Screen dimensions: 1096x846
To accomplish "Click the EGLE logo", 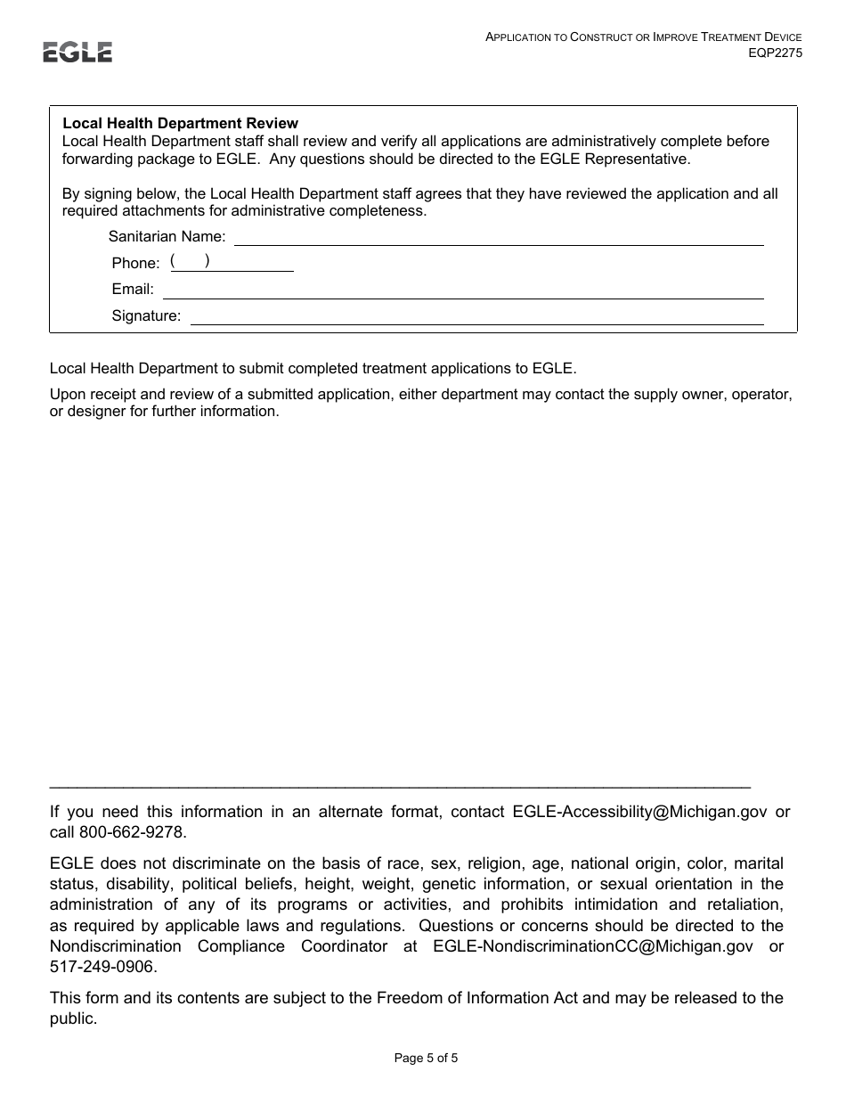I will pos(77,53).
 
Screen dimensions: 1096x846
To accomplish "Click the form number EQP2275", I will pos(775,53).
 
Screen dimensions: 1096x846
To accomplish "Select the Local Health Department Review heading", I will pos(180,124).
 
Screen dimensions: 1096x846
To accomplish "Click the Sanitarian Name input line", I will pos(498,237).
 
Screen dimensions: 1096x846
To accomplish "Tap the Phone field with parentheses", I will pos(232,262).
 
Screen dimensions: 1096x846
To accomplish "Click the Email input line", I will pos(462,290).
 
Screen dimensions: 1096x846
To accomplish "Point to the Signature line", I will pos(476,316).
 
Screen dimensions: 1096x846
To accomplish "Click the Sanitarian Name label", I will pos(167,237).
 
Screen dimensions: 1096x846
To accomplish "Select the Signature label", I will pos(146,315).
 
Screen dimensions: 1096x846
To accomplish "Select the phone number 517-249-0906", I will pos(102,967).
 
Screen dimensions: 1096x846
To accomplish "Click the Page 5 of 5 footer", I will pos(426,1059).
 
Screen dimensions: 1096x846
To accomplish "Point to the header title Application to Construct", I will pos(643,37).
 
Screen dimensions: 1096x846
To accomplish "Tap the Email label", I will pos(133,290).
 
